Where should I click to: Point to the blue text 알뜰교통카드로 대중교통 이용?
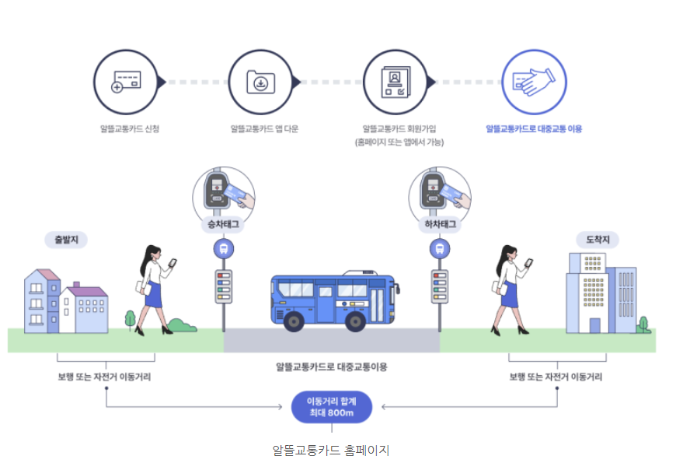[x=533, y=128]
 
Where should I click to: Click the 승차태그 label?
[x=224, y=224]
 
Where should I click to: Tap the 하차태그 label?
[x=440, y=224]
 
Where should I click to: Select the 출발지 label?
[x=66, y=240]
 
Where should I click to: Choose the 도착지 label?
[x=597, y=240]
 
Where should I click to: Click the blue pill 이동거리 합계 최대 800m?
[x=332, y=407]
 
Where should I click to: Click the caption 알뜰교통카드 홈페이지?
[x=331, y=451]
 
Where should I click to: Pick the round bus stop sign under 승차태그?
[x=224, y=249]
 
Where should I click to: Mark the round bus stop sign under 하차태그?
[x=440, y=249]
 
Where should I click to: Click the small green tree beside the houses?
[x=131, y=318]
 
